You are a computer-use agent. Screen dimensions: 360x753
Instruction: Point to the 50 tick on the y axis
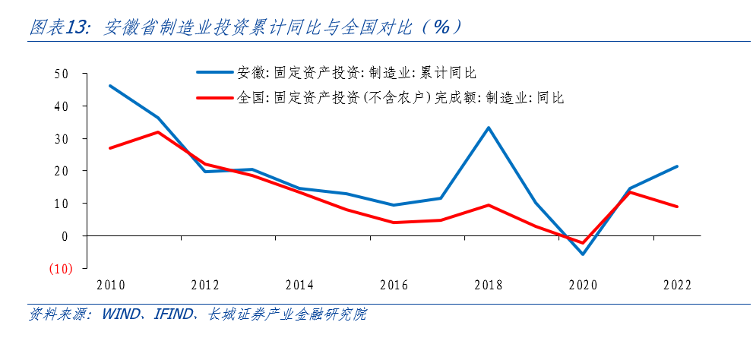pos(62,74)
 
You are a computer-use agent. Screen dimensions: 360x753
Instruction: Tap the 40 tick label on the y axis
pos(62,106)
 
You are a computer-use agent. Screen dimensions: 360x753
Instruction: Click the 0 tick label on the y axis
pos(65,236)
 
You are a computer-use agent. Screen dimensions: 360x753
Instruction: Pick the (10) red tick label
pos(60,269)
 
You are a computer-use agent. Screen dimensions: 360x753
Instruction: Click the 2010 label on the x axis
pos(111,286)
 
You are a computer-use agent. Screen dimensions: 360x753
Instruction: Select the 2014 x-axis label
pos(299,286)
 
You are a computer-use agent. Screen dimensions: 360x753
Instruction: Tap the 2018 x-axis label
pos(488,286)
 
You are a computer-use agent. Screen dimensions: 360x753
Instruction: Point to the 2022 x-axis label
pos(676,286)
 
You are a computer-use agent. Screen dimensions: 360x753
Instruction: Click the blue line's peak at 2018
pos(489,128)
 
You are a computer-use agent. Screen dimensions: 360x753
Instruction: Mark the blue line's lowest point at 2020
pos(583,254)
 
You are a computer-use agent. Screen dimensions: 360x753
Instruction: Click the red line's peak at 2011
pos(157,132)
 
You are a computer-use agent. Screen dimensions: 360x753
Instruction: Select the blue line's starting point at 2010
pos(111,86)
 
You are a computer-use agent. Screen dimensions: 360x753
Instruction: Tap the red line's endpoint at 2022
pos(676,207)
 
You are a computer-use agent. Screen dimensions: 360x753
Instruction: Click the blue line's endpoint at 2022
pos(676,166)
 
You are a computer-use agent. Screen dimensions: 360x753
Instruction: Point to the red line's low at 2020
pos(583,243)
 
